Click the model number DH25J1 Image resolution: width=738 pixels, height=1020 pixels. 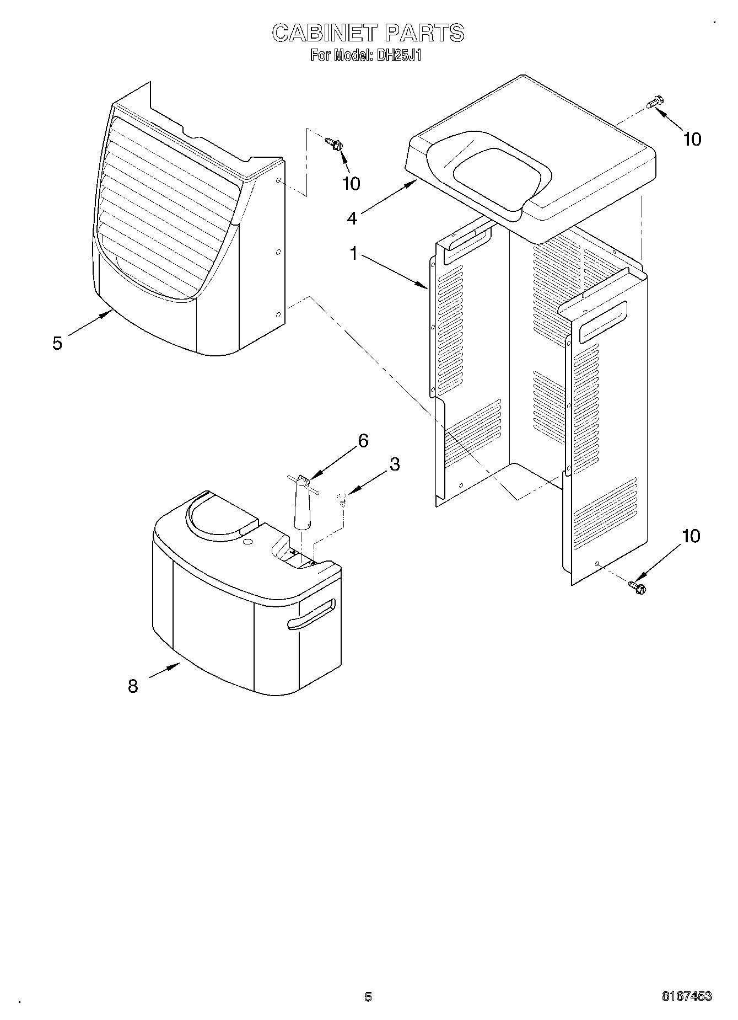tap(399, 55)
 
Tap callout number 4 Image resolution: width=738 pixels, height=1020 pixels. tap(352, 218)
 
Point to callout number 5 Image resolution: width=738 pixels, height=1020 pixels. tap(57, 343)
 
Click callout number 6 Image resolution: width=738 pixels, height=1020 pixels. tap(363, 440)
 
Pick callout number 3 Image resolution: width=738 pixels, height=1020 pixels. tap(394, 464)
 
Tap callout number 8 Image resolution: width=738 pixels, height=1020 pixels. tap(133, 686)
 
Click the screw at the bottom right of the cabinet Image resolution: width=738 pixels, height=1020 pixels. tap(638, 587)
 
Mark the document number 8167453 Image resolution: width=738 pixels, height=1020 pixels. tap(686, 996)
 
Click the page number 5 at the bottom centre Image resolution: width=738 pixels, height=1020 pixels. tap(368, 996)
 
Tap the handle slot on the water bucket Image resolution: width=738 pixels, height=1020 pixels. tap(311, 615)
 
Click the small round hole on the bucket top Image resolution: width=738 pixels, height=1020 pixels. tap(249, 543)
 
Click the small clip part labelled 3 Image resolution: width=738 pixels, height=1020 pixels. tap(342, 500)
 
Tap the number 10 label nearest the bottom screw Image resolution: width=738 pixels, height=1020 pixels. tap(691, 536)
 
